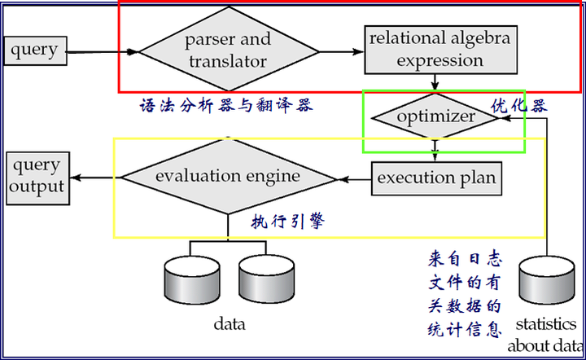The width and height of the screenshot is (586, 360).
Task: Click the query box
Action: tap(34, 50)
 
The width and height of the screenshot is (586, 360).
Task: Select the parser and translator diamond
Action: tap(227, 50)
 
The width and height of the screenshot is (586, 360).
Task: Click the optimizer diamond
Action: tap(435, 117)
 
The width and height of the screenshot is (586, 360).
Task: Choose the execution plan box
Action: tap(436, 178)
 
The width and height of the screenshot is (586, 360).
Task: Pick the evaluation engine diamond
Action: tap(228, 177)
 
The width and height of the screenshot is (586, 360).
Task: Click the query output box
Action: tap(36, 176)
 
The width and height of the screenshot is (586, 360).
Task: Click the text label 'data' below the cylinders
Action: tap(230, 324)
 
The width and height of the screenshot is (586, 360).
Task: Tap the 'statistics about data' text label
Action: tap(545, 335)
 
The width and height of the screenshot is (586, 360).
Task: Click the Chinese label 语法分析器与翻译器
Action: tap(226, 106)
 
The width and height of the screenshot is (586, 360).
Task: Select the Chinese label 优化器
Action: tap(518, 105)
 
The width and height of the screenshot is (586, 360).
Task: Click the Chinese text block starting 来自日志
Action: tap(465, 294)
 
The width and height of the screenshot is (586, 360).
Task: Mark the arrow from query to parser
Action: tap(102, 53)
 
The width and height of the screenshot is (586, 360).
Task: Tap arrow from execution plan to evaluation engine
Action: tap(354, 178)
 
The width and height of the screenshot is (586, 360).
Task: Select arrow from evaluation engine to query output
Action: tap(94, 177)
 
